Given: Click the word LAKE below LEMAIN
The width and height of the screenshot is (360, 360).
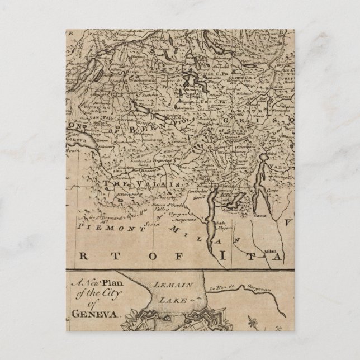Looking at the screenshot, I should pyautogui.click(x=172, y=299).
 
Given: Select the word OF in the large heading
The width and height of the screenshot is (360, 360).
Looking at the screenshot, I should pyautogui.click(x=162, y=255).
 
